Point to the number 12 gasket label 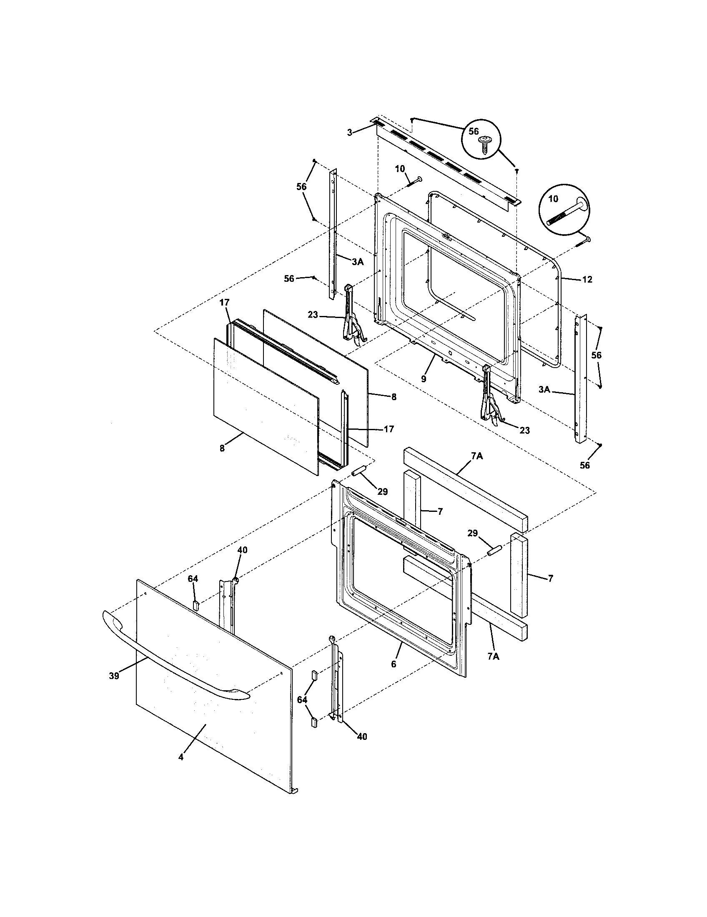[587, 279]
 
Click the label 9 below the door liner [424, 379]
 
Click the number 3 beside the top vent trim [350, 133]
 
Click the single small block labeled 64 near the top [195, 605]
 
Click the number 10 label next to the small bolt [400, 169]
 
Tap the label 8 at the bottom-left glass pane [222, 448]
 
